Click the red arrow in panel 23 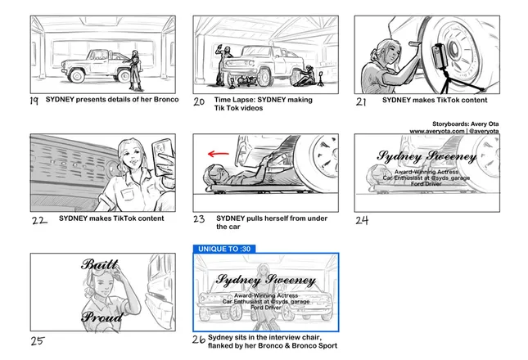219,154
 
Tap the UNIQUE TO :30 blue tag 224,249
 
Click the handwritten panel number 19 34,101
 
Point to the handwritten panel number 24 362,220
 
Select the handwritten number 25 38,341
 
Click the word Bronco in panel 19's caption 166,99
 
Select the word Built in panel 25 100,264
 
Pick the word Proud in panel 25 102,317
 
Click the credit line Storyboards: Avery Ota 465,124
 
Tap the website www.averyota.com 437,131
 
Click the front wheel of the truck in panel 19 77,76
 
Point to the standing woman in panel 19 135,70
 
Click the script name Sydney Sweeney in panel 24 426,156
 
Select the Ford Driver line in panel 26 266,308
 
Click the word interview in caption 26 281,337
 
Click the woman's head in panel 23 213,175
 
